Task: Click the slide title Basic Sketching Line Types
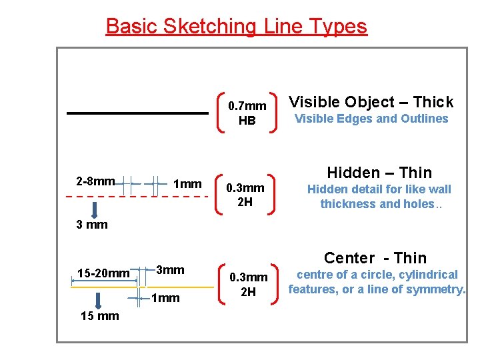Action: [236, 27]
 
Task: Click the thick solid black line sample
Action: [137, 114]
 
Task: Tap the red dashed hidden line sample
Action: [133, 197]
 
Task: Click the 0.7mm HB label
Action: [247, 113]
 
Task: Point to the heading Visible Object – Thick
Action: [371, 102]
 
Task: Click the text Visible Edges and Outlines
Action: [371, 119]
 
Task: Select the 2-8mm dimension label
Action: [95, 181]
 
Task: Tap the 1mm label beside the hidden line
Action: [187, 183]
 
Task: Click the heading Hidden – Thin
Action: [379, 173]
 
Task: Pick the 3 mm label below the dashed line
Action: [92, 225]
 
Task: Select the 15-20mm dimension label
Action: [103, 273]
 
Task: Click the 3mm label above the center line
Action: [170, 270]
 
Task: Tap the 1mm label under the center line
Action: [166, 298]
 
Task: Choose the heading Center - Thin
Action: [375, 258]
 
